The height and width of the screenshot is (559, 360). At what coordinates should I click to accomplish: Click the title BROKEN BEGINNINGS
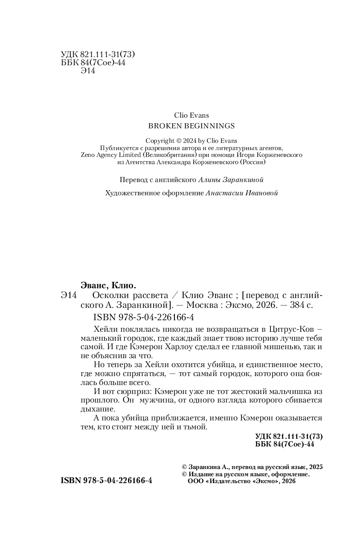click(x=191, y=126)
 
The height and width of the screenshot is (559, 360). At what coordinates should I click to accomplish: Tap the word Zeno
click(x=89, y=155)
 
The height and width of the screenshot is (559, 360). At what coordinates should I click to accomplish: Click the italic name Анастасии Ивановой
click(x=241, y=193)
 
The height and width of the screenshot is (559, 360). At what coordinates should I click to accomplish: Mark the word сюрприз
click(x=128, y=391)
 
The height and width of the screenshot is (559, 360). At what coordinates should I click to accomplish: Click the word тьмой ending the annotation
click(x=195, y=427)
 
